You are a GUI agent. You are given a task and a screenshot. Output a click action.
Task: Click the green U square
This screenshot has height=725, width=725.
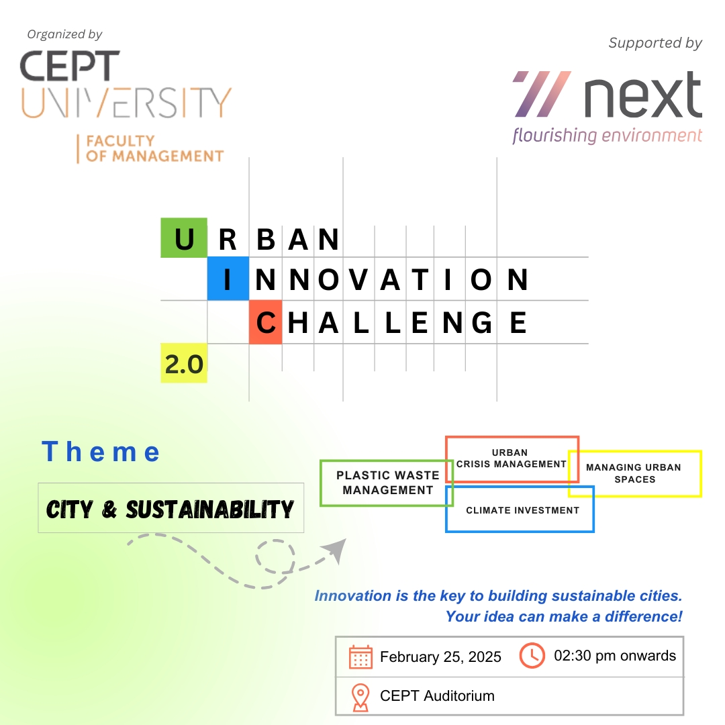tap(184, 238)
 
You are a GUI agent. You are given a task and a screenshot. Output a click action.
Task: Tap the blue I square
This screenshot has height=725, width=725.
tap(228, 279)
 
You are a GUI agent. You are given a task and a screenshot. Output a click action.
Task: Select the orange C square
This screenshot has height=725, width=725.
tap(265, 322)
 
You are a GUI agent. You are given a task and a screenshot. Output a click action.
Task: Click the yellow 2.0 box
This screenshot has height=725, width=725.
tap(184, 363)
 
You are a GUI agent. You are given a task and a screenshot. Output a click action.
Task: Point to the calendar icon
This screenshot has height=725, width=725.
tap(360, 657)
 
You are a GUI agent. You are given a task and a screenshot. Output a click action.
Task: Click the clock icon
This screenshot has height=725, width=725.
tap(532, 655)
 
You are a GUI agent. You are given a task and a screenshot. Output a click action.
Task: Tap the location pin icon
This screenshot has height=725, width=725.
tap(360, 697)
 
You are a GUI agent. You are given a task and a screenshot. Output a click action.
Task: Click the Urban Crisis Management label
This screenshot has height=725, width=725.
tap(512, 458)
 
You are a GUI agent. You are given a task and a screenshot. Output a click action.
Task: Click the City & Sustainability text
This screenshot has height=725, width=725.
tap(170, 510)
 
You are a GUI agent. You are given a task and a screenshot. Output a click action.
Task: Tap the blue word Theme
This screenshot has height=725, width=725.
tap(101, 452)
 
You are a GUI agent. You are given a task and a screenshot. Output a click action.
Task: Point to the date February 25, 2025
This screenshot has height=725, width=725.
tap(440, 657)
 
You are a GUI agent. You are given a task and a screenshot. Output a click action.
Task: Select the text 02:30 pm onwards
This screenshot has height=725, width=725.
tap(615, 656)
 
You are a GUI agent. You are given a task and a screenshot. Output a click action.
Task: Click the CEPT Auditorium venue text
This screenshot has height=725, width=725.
tap(438, 696)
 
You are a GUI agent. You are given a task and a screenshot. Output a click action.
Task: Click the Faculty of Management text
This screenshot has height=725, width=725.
tap(154, 148)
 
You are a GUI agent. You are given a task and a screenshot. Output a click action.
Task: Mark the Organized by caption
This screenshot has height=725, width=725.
tap(64, 35)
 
